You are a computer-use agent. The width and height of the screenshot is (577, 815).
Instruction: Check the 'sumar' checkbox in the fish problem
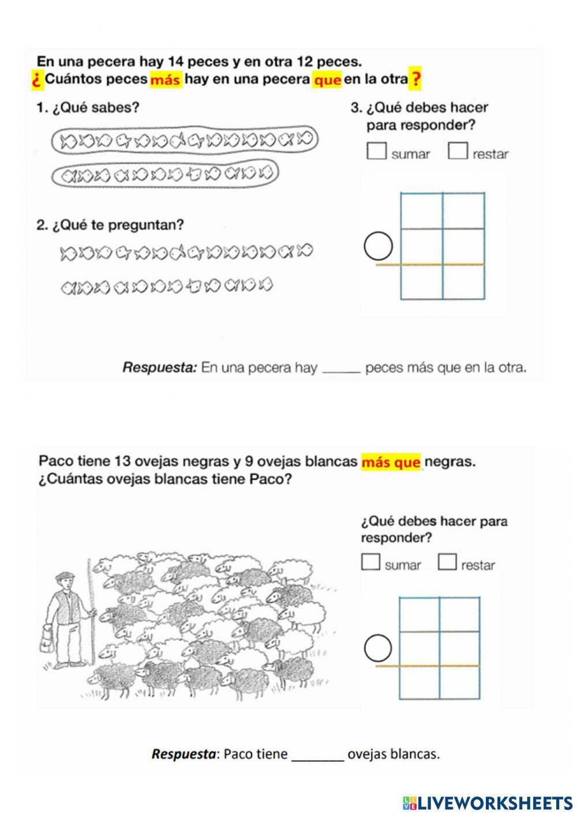coord(376,151)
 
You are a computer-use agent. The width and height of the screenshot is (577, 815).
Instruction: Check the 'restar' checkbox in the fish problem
coord(458,151)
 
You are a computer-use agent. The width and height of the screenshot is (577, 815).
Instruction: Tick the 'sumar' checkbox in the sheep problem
coord(371,561)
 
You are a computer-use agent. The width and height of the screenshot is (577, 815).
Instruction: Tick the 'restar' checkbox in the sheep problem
coord(447,561)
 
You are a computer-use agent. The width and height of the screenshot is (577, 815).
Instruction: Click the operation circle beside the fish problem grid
coord(379,247)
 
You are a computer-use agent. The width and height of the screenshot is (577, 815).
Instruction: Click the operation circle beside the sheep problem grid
coord(379,648)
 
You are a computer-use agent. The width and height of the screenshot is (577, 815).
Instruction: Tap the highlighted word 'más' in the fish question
coord(166,80)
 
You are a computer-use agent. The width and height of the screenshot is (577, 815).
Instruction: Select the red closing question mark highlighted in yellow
coord(415,79)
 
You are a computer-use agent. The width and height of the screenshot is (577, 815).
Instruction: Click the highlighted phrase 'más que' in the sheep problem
coord(391,462)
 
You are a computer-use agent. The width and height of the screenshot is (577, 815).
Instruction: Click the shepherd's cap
coord(65,575)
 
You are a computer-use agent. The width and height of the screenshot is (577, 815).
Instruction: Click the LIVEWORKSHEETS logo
coord(488,802)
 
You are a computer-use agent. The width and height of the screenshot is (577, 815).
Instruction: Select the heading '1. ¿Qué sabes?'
coord(88,107)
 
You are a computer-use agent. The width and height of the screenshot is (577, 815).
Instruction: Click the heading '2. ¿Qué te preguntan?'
coord(110,225)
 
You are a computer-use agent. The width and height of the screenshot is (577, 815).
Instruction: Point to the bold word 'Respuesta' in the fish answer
coord(160,367)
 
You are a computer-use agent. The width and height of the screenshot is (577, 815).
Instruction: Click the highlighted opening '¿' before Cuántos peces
coord(38,80)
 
